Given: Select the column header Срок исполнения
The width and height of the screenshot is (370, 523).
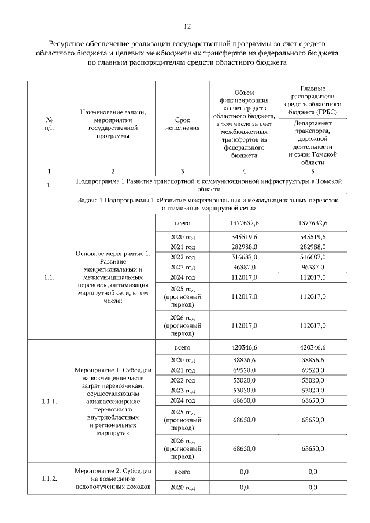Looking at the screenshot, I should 182,124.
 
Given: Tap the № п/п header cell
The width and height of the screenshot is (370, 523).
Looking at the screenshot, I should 49,124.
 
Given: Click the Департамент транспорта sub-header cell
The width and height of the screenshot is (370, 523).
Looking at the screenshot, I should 313,143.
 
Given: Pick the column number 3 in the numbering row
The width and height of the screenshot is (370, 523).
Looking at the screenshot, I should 182,171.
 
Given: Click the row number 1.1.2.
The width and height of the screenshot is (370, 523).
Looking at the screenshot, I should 49,479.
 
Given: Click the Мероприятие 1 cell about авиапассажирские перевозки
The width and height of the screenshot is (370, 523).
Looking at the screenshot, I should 113,400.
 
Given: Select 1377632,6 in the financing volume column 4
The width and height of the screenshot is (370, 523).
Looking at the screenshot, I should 243,223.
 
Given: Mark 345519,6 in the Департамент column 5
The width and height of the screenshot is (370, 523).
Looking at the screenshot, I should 313,237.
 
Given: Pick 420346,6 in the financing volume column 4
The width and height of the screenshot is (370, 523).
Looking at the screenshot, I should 243,347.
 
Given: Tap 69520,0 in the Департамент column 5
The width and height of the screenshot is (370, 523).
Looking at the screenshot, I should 313,369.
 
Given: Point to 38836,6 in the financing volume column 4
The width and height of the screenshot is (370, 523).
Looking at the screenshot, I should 243,359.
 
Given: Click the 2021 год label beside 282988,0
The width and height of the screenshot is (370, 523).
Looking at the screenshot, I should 182,247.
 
